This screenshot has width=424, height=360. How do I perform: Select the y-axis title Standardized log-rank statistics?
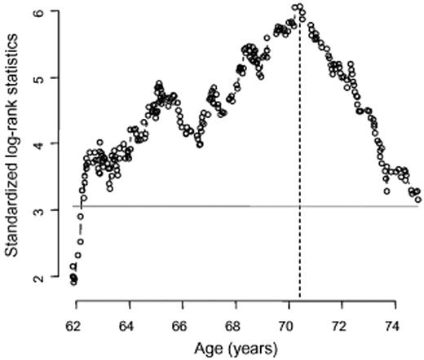(14, 145)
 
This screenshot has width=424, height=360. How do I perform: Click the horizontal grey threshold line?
(245, 207)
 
